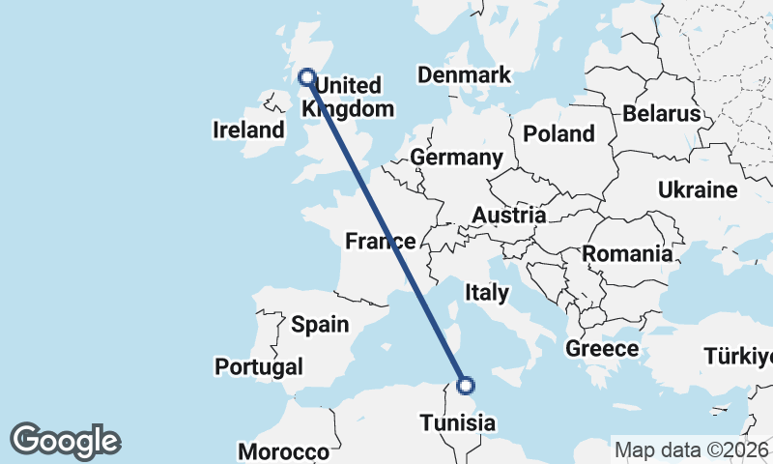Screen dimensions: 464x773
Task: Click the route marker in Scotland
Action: pyautogui.click(x=307, y=76)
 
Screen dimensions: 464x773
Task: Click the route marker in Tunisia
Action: pyautogui.click(x=466, y=386)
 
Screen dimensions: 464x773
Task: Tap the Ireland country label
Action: pyautogui.click(x=248, y=130)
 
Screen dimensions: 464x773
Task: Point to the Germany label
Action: pyautogui.click(x=456, y=158)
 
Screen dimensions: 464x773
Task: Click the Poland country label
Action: pyautogui.click(x=558, y=133)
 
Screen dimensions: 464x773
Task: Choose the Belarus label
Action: pyautogui.click(x=661, y=113)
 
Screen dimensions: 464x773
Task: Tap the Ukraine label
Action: pyautogui.click(x=698, y=189)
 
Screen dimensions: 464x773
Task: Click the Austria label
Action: pyautogui.click(x=509, y=215)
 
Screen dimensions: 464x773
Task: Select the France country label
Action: pyautogui.click(x=381, y=242)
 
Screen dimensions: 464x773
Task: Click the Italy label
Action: pyautogui.click(x=487, y=291)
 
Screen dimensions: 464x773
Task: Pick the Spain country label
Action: pyautogui.click(x=320, y=325)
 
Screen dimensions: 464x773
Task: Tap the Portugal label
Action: pyautogui.click(x=259, y=367)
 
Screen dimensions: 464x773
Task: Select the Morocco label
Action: pyautogui.click(x=284, y=451)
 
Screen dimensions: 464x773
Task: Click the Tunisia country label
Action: pyautogui.click(x=458, y=422)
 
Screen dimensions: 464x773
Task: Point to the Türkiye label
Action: pyautogui.click(x=738, y=356)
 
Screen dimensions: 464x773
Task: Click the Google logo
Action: pyautogui.click(x=65, y=441)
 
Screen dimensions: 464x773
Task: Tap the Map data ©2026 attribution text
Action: pyautogui.click(x=691, y=449)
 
